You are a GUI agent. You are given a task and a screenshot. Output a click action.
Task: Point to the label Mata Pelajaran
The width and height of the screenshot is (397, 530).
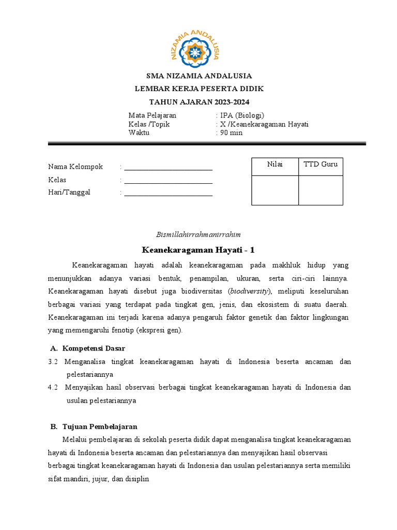(152, 115)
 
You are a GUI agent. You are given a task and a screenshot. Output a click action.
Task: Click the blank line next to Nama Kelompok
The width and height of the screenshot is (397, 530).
(168, 167)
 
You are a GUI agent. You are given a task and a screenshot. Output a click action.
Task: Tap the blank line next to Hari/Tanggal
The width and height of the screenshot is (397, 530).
(168, 193)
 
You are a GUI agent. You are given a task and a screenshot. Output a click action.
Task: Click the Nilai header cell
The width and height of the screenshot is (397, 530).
(274, 165)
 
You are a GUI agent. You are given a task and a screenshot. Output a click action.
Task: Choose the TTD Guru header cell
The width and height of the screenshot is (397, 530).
(320, 165)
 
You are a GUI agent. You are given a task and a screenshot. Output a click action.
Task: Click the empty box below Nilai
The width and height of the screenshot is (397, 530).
(274, 190)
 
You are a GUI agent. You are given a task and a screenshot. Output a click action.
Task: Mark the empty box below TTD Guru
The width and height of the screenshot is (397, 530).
(320, 190)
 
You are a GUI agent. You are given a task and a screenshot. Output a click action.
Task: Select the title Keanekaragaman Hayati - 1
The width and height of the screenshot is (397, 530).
(198, 251)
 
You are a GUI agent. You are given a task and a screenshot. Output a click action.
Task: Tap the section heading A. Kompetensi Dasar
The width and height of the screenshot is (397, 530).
(87, 348)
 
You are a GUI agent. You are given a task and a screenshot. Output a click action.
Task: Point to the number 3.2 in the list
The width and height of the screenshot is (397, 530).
(53, 362)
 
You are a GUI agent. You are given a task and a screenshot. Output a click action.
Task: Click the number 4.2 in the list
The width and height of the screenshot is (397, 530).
(53, 387)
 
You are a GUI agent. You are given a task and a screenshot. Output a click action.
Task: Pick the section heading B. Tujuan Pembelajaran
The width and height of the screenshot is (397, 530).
(94, 427)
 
